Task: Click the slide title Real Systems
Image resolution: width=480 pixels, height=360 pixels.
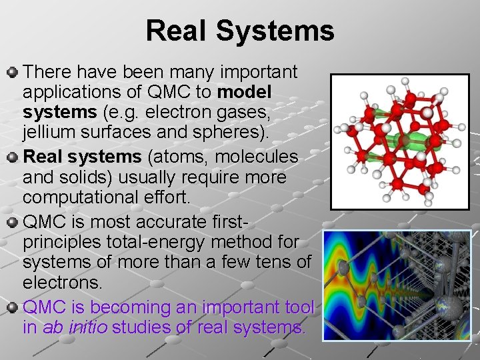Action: [x=240, y=31]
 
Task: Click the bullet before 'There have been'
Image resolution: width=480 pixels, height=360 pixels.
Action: [x=13, y=71]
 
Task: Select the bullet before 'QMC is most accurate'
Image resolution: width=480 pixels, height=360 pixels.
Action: [x=13, y=220]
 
